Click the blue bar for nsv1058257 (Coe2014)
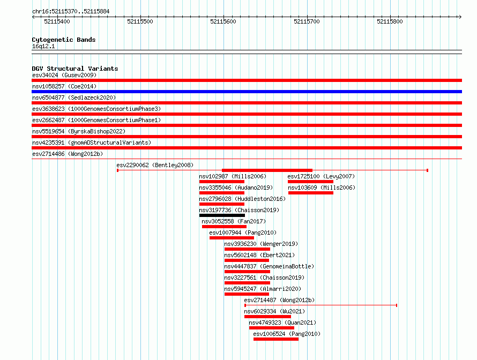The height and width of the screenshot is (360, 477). coord(247,92)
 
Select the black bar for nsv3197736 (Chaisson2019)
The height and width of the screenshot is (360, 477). coord(222,215)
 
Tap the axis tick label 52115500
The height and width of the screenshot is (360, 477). coord(140,21)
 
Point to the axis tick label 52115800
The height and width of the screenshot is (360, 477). coord(390,21)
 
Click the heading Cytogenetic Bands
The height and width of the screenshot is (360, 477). coord(64,40)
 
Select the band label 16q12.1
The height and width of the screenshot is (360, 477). coord(43,46)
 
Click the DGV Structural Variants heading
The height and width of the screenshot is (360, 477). coord(75,69)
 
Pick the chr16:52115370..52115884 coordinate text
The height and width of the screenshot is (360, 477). coord(71,11)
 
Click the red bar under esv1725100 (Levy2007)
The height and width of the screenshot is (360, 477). coord(311,182)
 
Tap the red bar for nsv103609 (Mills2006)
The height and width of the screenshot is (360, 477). coord(311,193)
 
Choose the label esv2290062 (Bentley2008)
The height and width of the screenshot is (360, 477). coord(155,165)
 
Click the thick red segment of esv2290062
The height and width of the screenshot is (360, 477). coord(267,170)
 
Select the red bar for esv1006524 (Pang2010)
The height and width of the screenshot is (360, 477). coord(276,339)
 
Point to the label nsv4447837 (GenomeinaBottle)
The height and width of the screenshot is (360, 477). coord(269,266)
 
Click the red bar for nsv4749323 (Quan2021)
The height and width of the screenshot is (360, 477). coord(272,328)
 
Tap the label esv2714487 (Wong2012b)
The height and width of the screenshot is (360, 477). coord(279,300)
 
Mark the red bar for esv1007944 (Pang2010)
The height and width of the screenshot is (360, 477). coord(232,238)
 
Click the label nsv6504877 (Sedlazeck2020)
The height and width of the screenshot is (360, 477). coord(74,97)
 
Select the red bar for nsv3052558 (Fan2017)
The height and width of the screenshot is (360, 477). coord(224,227)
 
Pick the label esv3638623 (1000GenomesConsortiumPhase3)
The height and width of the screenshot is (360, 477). coord(96,109)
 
